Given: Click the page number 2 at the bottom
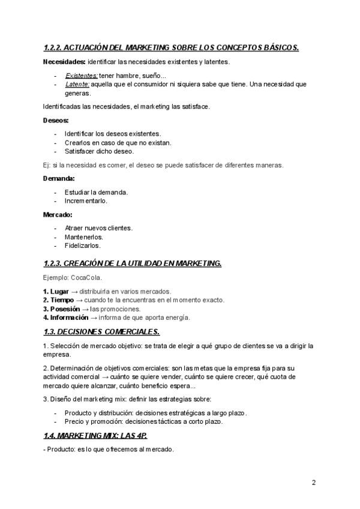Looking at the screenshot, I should click(x=314, y=483).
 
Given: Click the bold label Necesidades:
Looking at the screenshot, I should click(x=64, y=61).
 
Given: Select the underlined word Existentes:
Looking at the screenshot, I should click(x=81, y=76).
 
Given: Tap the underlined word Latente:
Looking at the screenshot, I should click(x=77, y=85).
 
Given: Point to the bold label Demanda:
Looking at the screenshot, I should click(x=59, y=178).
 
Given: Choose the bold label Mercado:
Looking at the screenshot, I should click(x=58, y=214).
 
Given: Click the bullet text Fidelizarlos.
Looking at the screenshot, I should click(x=83, y=245).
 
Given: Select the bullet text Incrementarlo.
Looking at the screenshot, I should click(x=86, y=201).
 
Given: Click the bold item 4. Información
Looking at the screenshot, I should click(x=67, y=318).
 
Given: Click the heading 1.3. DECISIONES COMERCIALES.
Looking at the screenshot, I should click(x=101, y=331).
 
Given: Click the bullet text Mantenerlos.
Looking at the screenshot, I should click(x=83, y=237).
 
